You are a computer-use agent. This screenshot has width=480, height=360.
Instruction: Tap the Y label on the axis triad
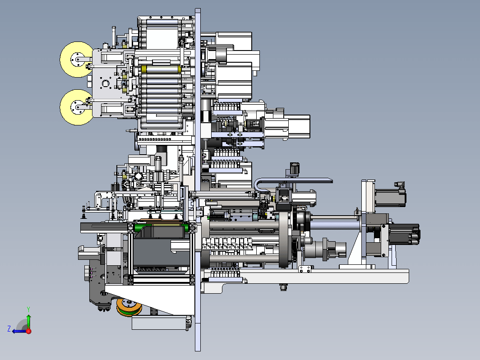(x=28, y=309)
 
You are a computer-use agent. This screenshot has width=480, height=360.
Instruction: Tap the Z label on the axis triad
(x=9, y=329)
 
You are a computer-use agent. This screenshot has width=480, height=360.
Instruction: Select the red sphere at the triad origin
(x=28, y=331)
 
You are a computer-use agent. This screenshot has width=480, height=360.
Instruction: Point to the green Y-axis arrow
(x=28, y=321)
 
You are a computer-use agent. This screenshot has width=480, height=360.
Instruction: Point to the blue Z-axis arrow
(x=19, y=331)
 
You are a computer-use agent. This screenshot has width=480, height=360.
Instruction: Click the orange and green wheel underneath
(x=129, y=307)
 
